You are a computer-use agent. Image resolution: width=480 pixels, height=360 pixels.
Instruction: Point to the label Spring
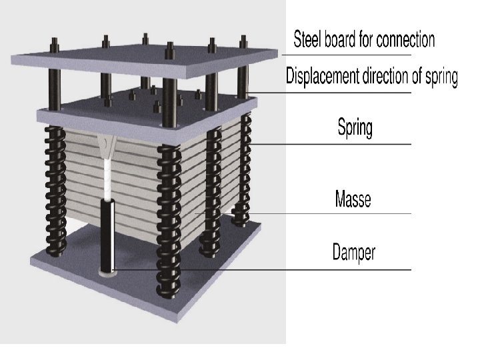[355, 127]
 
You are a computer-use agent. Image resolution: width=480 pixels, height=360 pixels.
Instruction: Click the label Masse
[353, 199]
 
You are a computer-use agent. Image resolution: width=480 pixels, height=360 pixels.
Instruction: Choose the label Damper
[354, 252]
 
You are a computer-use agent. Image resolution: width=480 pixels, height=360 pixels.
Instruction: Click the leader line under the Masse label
[333, 213]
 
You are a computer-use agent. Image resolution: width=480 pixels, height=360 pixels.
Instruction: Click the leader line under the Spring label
[333, 143]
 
